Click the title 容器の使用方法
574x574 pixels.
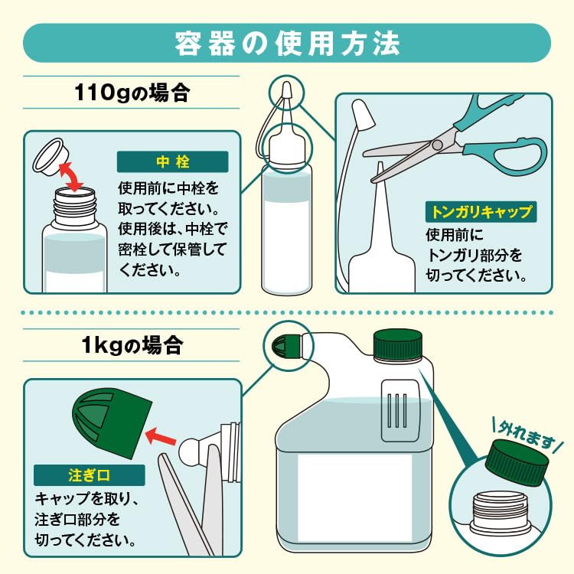pyautogui.click(x=287, y=44)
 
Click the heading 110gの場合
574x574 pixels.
pyautogui.click(x=132, y=93)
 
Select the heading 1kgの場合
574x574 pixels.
pyautogui.click(x=132, y=345)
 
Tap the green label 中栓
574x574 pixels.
pyautogui.click(x=172, y=161)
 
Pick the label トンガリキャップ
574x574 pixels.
pyautogui.click(x=481, y=211)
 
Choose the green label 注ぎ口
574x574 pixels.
pyautogui.click(x=90, y=475)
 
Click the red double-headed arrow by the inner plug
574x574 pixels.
pyautogui.click(x=72, y=178)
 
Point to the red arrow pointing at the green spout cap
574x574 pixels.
pyautogui.click(x=161, y=436)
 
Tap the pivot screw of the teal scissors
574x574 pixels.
pyautogui.click(x=437, y=145)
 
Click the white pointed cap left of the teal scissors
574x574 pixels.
pyautogui.click(x=362, y=115)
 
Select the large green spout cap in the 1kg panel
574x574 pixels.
pyautogui.click(x=112, y=422)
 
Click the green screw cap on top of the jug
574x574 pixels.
pyautogui.click(x=397, y=344)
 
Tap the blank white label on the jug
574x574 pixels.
pyautogui.click(x=354, y=497)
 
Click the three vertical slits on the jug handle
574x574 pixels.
pyautogui.click(x=397, y=410)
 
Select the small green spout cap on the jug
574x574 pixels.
pyautogui.click(x=286, y=346)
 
